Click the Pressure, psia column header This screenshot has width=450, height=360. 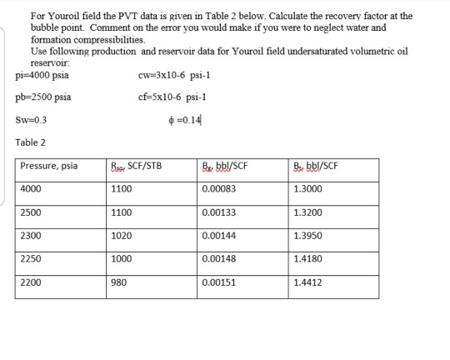(49, 166)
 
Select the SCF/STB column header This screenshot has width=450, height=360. (141, 166)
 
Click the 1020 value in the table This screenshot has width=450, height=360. (121, 235)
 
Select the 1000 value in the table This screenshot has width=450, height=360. (121, 258)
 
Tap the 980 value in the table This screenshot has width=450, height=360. (118, 282)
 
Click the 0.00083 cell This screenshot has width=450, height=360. (219, 188)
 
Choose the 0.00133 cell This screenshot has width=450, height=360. (219, 212)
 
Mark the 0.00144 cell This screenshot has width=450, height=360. (219, 235)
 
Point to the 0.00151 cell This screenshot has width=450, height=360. (219, 282)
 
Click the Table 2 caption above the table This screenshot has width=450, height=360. (32, 142)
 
